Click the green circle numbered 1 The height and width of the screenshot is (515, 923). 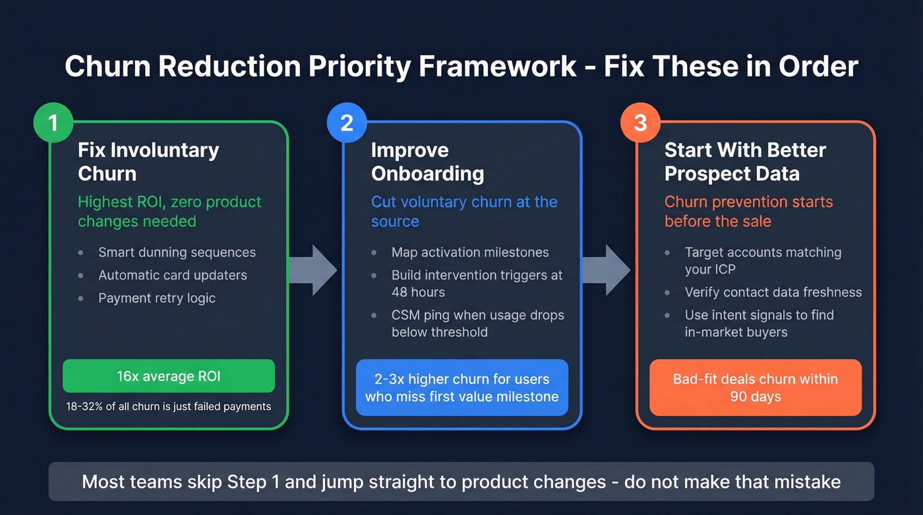point(53,123)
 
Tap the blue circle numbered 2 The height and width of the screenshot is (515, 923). point(347,123)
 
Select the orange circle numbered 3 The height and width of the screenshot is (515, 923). point(640,123)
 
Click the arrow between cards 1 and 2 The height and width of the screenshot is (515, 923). point(313,270)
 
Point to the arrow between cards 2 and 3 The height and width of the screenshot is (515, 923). point(607,270)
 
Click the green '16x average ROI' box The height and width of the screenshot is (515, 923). point(169,377)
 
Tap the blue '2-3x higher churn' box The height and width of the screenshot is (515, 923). point(462,388)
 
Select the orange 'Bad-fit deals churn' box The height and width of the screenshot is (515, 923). point(756,388)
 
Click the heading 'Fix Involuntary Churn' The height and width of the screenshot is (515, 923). point(148,162)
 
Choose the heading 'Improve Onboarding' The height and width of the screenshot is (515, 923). point(427,162)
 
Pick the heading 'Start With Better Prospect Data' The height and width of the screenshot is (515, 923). point(745,162)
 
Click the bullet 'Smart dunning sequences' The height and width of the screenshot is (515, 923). point(177,253)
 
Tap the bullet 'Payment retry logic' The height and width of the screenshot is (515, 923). point(157,298)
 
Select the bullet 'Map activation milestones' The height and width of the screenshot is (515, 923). point(469,253)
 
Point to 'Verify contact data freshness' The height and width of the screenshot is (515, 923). point(773,292)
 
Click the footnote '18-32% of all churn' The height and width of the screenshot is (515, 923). point(169,406)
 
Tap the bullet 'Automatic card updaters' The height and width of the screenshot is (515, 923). point(173,276)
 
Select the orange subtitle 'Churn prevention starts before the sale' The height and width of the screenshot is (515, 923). point(748,211)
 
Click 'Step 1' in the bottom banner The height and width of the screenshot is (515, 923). point(254,481)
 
